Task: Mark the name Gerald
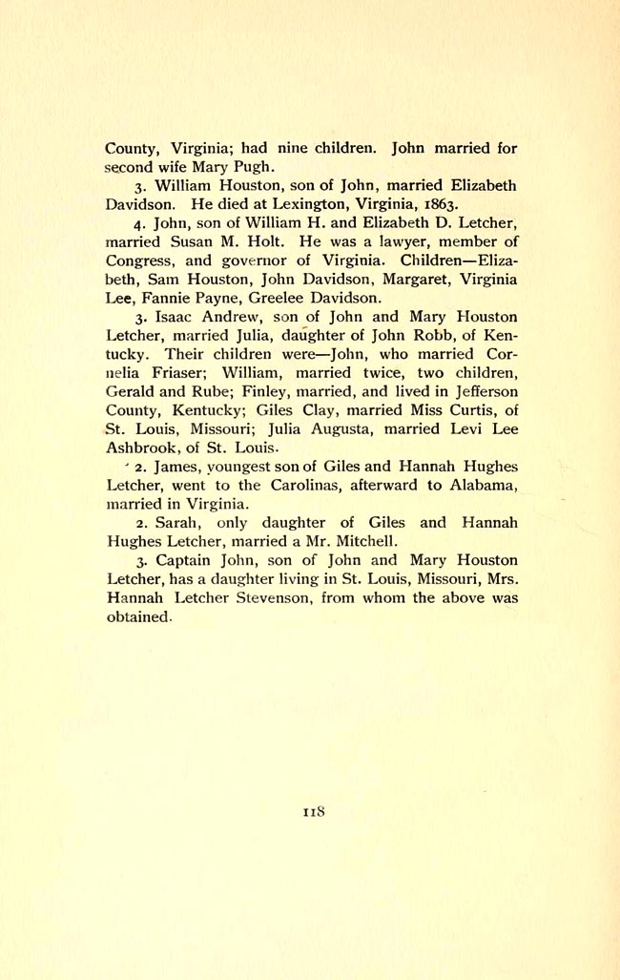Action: [134, 391]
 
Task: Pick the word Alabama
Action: [482, 486]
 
